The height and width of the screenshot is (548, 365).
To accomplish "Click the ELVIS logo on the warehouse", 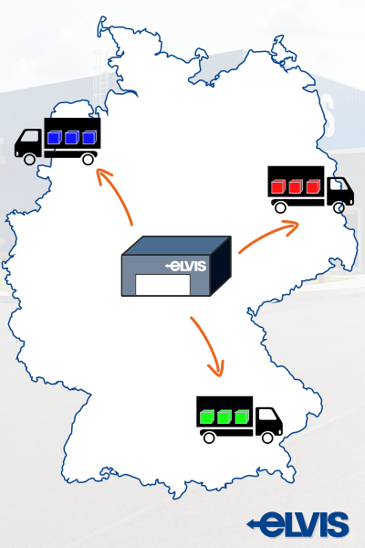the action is [185, 266].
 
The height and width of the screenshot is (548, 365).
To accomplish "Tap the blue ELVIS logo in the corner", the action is [298, 524].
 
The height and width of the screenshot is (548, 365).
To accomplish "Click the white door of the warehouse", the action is [162, 285].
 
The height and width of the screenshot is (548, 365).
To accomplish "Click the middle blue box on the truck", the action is [71, 137].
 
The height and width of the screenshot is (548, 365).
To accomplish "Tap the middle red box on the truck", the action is [295, 186].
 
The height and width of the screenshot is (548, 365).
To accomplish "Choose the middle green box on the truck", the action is [224, 416].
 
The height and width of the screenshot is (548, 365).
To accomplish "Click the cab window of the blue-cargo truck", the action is [30, 136].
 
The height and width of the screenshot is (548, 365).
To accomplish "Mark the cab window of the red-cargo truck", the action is [339, 184].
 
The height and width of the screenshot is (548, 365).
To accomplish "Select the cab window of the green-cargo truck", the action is [268, 414].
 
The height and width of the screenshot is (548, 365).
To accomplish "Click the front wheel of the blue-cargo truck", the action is [29, 159].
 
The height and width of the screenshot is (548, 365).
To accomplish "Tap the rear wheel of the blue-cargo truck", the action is [88, 159].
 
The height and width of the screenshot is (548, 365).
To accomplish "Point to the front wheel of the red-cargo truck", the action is [339, 208].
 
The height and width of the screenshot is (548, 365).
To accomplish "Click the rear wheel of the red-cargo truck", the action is [280, 207].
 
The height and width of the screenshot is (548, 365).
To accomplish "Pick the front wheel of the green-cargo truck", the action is [267, 437].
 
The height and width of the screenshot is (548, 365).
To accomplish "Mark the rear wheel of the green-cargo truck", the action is [209, 437].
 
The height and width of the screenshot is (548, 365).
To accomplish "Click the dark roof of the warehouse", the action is [176, 246].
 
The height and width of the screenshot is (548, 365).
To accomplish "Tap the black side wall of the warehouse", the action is [221, 266].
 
